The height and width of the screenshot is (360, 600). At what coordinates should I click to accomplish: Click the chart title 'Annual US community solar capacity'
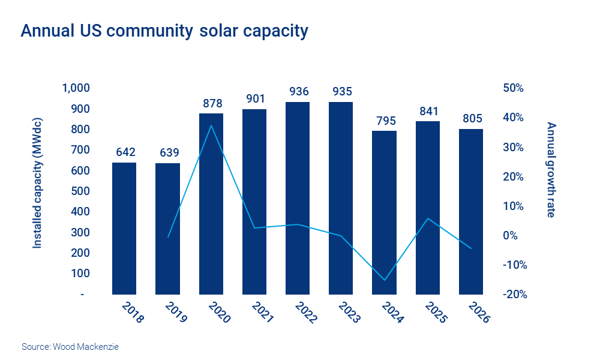(x=164, y=31)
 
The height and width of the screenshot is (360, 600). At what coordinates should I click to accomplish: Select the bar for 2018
(x=124, y=228)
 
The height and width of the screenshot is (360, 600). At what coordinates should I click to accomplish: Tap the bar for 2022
(x=298, y=198)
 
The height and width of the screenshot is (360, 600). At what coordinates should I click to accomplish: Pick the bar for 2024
(x=384, y=213)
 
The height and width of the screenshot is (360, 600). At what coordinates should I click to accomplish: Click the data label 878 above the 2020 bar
(x=211, y=103)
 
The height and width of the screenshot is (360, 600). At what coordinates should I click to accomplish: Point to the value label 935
(x=341, y=92)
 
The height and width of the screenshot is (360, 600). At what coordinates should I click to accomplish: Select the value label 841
(x=427, y=111)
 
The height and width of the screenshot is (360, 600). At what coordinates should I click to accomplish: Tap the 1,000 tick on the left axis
(x=76, y=88)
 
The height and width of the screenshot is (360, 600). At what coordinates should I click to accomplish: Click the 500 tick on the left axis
(x=81, y=191)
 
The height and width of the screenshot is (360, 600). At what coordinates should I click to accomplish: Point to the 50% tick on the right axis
(x=514, y=88)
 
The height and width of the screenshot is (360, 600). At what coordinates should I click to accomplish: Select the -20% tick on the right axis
(x=514, y=295)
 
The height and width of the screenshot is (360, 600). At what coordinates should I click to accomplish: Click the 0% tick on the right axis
(x=517, y=236)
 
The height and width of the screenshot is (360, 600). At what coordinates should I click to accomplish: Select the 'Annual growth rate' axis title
(x=551, y=170)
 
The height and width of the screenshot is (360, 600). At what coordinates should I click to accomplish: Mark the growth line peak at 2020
(x=211, y=125)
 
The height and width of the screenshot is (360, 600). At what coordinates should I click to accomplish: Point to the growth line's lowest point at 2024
(x=384, y=280)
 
